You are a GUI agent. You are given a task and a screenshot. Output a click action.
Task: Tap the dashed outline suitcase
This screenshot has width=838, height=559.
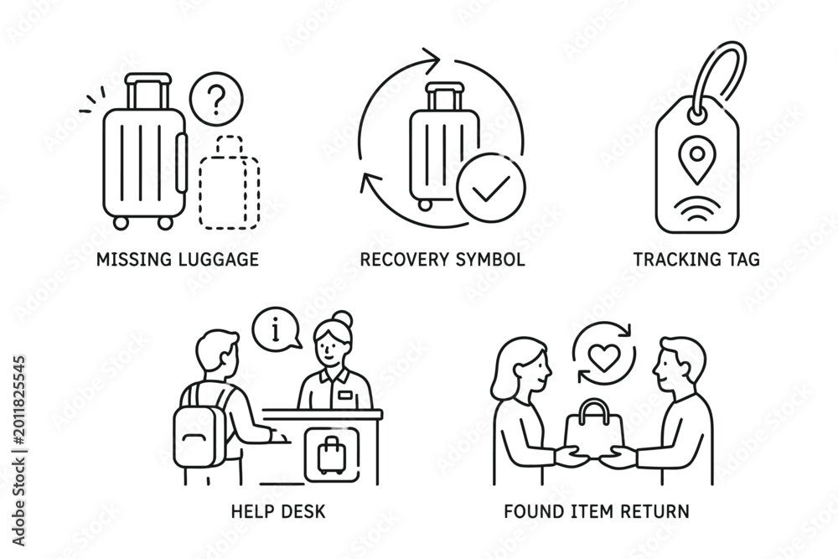(x=230, y=183)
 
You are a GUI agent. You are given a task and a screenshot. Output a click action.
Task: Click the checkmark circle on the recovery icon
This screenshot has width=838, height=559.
(x=491, y=188)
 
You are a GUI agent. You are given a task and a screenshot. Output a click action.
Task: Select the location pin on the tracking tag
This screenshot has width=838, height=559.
(x=696, y=158)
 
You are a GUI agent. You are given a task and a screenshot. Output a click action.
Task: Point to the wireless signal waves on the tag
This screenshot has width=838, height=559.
(x=696, y=209)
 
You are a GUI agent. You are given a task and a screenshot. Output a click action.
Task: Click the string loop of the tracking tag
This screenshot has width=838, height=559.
(x=716, y=80)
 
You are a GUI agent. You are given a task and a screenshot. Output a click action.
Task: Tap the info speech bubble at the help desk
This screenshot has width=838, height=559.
(x=276, y=330)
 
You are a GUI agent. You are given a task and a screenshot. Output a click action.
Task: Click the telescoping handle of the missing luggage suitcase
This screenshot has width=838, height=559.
(x=148, y=91)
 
